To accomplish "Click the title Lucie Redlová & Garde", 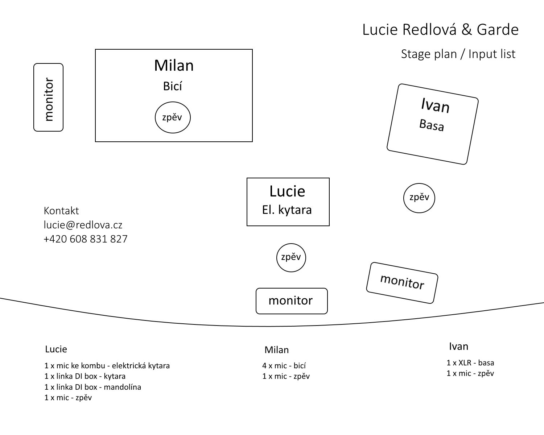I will tap(440, 30).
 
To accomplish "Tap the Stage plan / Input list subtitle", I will tap(458, 54).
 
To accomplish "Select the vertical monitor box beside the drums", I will tap(48, 97).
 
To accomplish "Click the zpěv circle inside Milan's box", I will tap(173, 117).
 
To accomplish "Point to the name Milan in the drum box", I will tap(174, 66).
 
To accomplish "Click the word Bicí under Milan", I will tap(173, 86).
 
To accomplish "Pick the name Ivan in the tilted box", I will tap(435, 105).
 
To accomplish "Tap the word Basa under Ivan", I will tap(432, 125).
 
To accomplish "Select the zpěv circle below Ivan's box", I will tap(419, 198).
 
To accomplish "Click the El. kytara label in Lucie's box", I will tap(287, 210).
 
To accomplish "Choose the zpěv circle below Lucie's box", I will tap(291, 257).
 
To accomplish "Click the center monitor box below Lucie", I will tap(292, 301).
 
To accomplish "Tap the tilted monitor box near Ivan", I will tap(402, 282).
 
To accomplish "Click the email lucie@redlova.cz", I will tap(83, 225).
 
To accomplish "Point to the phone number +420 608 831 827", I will tap(86, 239).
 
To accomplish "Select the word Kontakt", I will tap(61, 211).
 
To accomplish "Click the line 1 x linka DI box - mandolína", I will tap(93, 387).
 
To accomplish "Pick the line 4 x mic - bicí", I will tap(284, 366).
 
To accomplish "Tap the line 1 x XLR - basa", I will tap(470, 363).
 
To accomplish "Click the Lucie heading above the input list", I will tap(56, 349).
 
